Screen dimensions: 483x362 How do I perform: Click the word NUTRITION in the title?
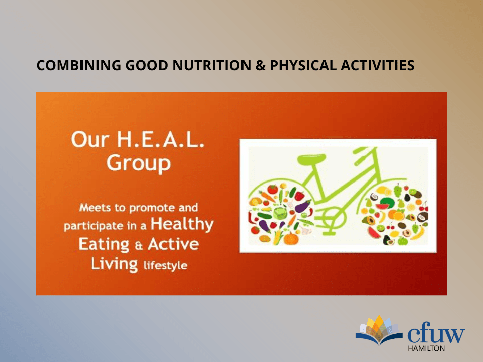pos(212,65)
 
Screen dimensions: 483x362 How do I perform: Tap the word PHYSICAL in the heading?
pos(303,65)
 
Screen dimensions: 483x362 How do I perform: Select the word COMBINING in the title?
pos(79,65)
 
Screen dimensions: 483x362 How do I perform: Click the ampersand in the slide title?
pos(261,66)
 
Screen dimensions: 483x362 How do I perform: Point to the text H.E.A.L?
pos(160,140)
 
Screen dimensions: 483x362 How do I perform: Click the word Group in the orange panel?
pos(138,163)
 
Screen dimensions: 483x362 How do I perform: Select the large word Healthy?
pos(182,224)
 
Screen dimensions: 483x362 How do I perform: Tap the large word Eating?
pos(104,245)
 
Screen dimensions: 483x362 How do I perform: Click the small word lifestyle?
pos(166,265)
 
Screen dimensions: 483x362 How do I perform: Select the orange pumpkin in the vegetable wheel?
pos(291,239)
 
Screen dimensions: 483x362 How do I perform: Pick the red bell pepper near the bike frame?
pos(299,196)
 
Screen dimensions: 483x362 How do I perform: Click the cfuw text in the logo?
pos(436,335)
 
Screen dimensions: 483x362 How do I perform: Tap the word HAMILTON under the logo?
pos(426,348)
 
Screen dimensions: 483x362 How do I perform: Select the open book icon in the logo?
pos(379,330)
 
